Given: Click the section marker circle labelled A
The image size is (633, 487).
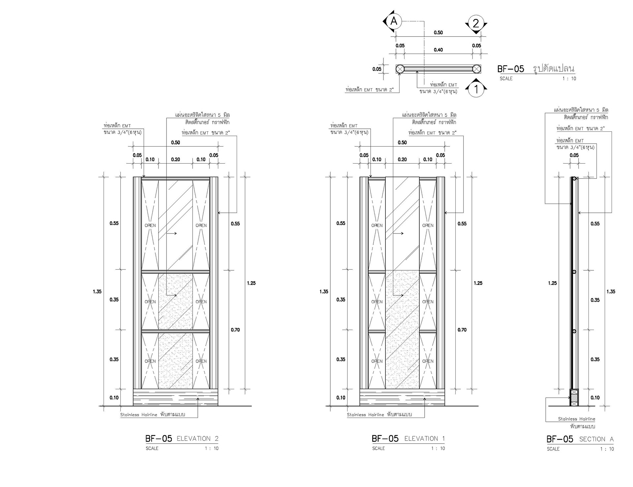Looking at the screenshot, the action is tap(394, 21).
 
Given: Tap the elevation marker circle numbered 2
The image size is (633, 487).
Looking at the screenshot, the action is tap(476, 23).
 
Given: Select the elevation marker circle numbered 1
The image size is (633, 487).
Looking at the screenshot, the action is tap(476, 89).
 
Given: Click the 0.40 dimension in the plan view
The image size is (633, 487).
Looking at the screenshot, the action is tap(438, 50).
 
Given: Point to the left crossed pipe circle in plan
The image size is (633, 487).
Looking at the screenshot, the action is tap(400, 69).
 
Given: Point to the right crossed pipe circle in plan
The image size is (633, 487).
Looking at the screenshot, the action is tap(476, 69).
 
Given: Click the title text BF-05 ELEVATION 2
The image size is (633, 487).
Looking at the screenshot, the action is tap(182, 439).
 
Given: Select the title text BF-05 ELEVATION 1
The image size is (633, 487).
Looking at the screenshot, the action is tap(408, 439).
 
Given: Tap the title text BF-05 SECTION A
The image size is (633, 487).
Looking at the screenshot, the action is tap(580, 439).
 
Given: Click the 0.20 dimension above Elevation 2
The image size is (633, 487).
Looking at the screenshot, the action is tap(175, 159).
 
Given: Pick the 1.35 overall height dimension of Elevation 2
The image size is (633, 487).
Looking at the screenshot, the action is tap(97, 291).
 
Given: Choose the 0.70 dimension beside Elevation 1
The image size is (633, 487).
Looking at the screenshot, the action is tap(462, 330).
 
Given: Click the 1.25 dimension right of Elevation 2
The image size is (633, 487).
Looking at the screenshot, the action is tap(251, 283).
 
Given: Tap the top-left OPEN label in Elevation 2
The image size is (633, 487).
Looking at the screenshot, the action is tap(150, 226).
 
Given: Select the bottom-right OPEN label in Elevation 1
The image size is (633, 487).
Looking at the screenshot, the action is tap(428, 361).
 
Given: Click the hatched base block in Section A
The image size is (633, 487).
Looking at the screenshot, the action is tap(574, 397).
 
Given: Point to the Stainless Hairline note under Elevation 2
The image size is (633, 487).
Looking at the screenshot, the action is tap(153, 415).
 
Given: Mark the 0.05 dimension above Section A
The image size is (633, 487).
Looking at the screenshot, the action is tap(574, 155).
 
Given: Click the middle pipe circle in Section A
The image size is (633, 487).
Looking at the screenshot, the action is tap(574, 272).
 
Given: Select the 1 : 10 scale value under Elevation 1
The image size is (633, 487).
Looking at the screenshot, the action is tap(438, 448).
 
